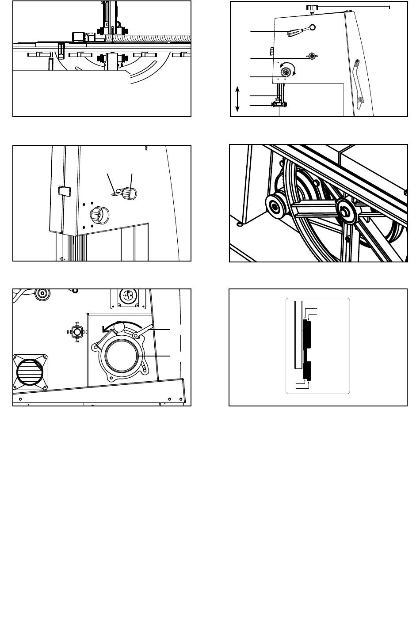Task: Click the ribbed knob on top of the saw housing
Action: pyautogui.click(x=312, y=7)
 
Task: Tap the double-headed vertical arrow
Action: pyautogui.click(x=238, y=99)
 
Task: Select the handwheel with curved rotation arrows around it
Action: pyautogui.click(x=287, y=72)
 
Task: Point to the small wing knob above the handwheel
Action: pyautogui.click(x=313, y=56)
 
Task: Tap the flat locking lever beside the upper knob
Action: pyautogui.click(x=117, y=193)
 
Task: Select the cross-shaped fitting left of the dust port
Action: pyautogui.click(x=77, y=331)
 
